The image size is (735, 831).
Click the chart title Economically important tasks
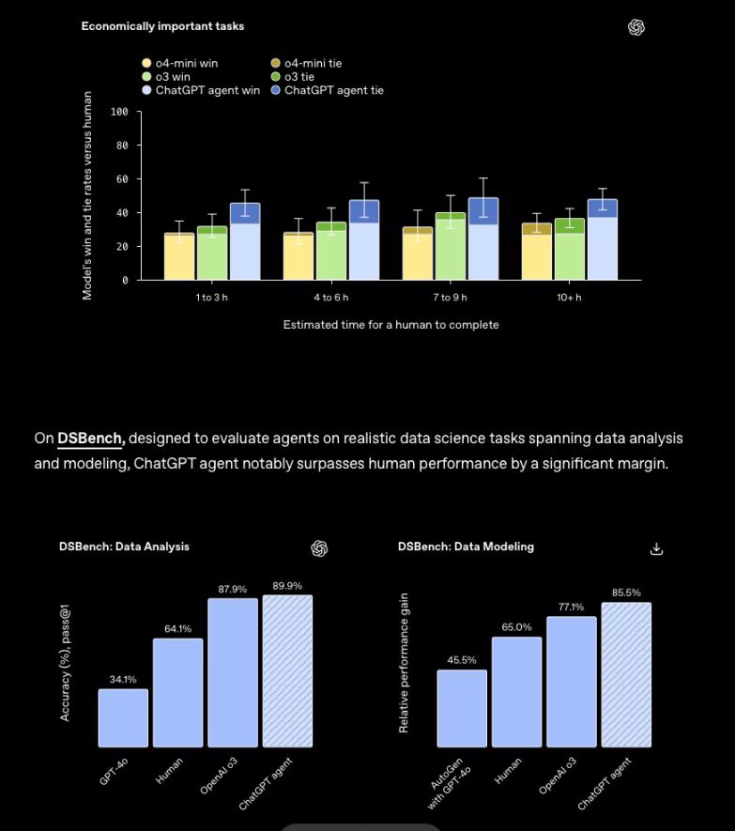162,26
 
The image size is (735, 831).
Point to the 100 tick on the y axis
119,113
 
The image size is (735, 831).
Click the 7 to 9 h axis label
450,298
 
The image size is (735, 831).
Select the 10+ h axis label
568,298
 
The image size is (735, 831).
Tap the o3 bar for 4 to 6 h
331,252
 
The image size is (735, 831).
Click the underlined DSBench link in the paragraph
91,439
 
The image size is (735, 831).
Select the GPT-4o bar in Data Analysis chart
123,717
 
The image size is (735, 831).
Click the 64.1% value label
177,629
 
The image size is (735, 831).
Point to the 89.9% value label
287,586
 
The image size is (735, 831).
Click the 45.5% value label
462,660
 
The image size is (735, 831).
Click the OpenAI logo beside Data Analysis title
319,548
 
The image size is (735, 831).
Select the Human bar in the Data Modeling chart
516,691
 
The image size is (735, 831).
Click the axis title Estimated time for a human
390,325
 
